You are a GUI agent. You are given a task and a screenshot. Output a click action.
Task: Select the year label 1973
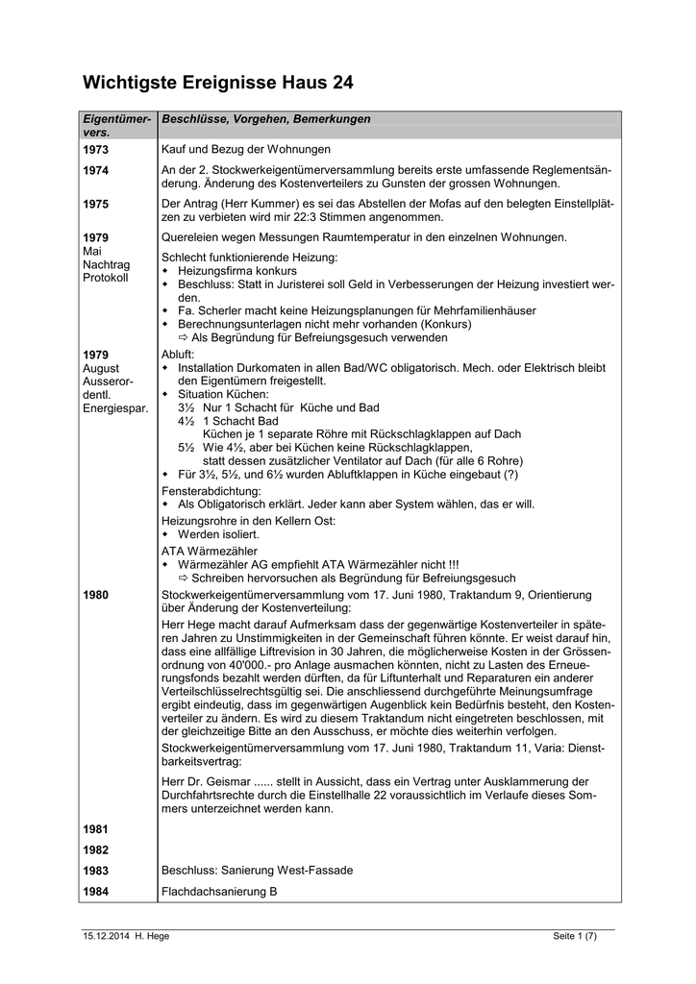click(x=96, y=151)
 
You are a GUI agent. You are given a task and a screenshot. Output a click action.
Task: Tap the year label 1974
click(x=96, y=171)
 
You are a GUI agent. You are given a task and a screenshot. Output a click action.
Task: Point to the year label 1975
click(x=96, y=205)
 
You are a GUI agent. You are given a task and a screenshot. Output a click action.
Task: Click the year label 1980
click(x=96, y=596)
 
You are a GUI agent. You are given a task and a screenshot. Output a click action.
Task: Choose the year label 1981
click(x=96, y=829)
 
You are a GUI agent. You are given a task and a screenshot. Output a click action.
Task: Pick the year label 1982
click(x=96, y=850)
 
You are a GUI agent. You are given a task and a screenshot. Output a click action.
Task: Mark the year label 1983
click(x=96, y=871)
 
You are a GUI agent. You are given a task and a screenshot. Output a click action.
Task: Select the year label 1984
click(x=96, y=892)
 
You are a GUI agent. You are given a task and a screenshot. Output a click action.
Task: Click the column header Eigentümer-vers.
click(x=117, y=125)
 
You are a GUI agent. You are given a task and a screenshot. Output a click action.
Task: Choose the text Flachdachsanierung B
click(x=219, y=892)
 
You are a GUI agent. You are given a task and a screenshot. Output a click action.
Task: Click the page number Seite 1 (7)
click(x=575, y=937)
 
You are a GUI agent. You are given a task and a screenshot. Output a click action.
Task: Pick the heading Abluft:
click(x=178, y=355)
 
